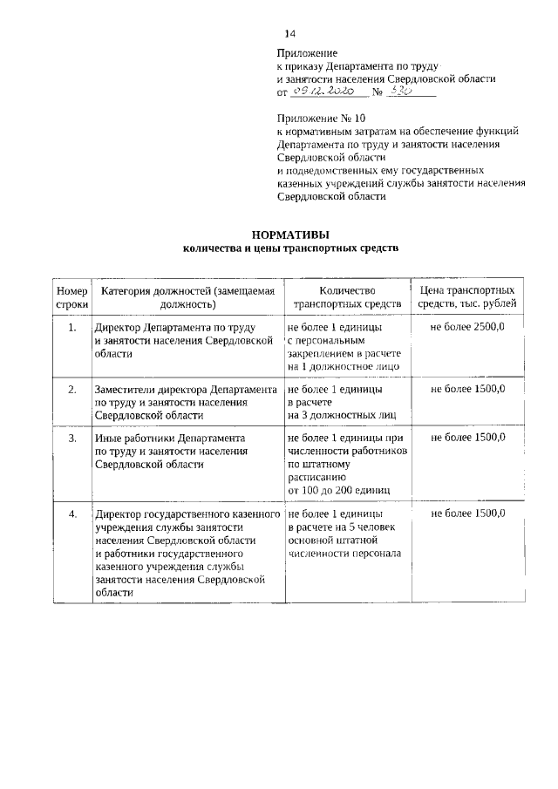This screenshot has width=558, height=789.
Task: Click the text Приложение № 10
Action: click(316, 117)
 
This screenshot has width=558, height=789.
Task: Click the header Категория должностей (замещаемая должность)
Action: click(187, 296)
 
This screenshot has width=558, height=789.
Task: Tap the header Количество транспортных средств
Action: click(346, 296)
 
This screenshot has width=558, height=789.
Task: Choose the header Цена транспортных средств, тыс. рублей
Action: click(466, 296)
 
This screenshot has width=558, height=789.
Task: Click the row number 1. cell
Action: click(72, 327)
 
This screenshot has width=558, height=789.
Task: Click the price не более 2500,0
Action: click(467, 327)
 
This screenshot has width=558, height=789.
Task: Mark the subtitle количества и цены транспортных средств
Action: click(290, 248)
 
